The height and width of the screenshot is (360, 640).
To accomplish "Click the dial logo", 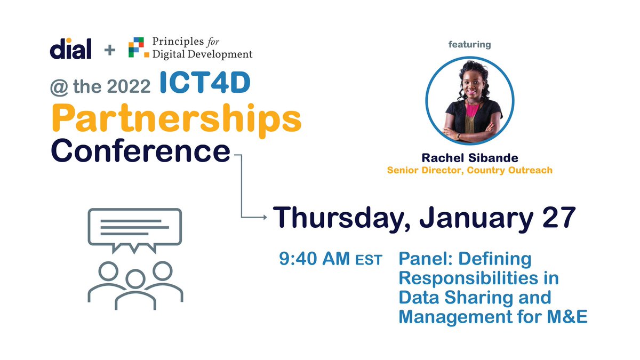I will [70, 49].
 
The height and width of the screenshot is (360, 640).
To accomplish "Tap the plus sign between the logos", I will [109, 50].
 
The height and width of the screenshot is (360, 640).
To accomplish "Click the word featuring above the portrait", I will [469, 45].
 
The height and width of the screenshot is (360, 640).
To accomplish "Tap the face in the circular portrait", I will [469, 85].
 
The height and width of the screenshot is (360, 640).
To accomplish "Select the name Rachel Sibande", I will [469, 158].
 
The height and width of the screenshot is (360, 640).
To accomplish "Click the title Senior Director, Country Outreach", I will [469, 170].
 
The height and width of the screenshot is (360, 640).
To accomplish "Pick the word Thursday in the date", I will [341, 219].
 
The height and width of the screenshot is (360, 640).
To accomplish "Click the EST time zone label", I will [369, 261].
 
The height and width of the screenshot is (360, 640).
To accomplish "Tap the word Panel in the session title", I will [425, 259].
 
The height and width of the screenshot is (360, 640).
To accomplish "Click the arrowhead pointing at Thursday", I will [264, 217].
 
